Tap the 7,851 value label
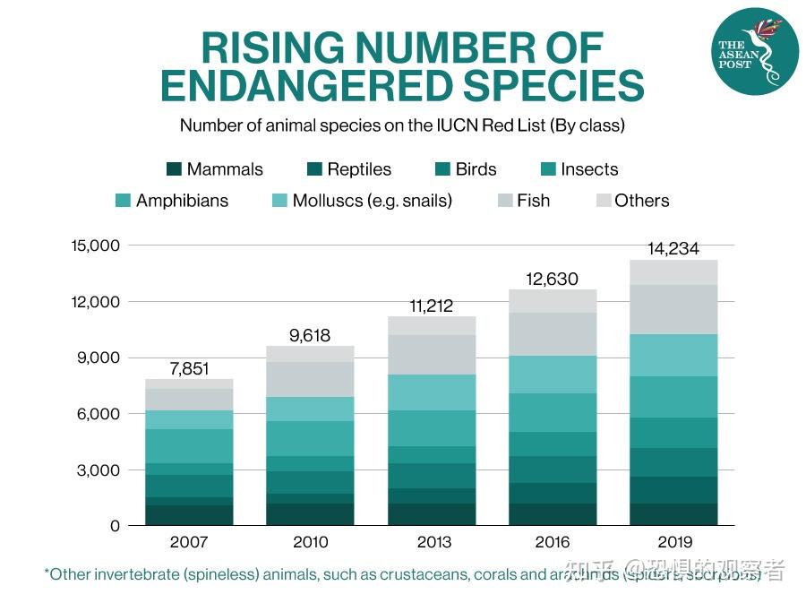tap(189, 369)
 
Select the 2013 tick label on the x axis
tap(433, 542)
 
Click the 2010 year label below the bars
tap(311, 542)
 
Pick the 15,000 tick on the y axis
tap(95, 246)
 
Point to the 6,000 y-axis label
tap(99, 414)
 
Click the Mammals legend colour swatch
tap(174, 169)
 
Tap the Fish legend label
tap(533, 201)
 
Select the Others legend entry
tap(641, 201)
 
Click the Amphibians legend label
tap(182, 201)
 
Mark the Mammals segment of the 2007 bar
tap(189, 515)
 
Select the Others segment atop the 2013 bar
tap(433, 325)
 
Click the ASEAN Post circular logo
tap(754, 50)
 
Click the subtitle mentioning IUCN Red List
tap(402, 125)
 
